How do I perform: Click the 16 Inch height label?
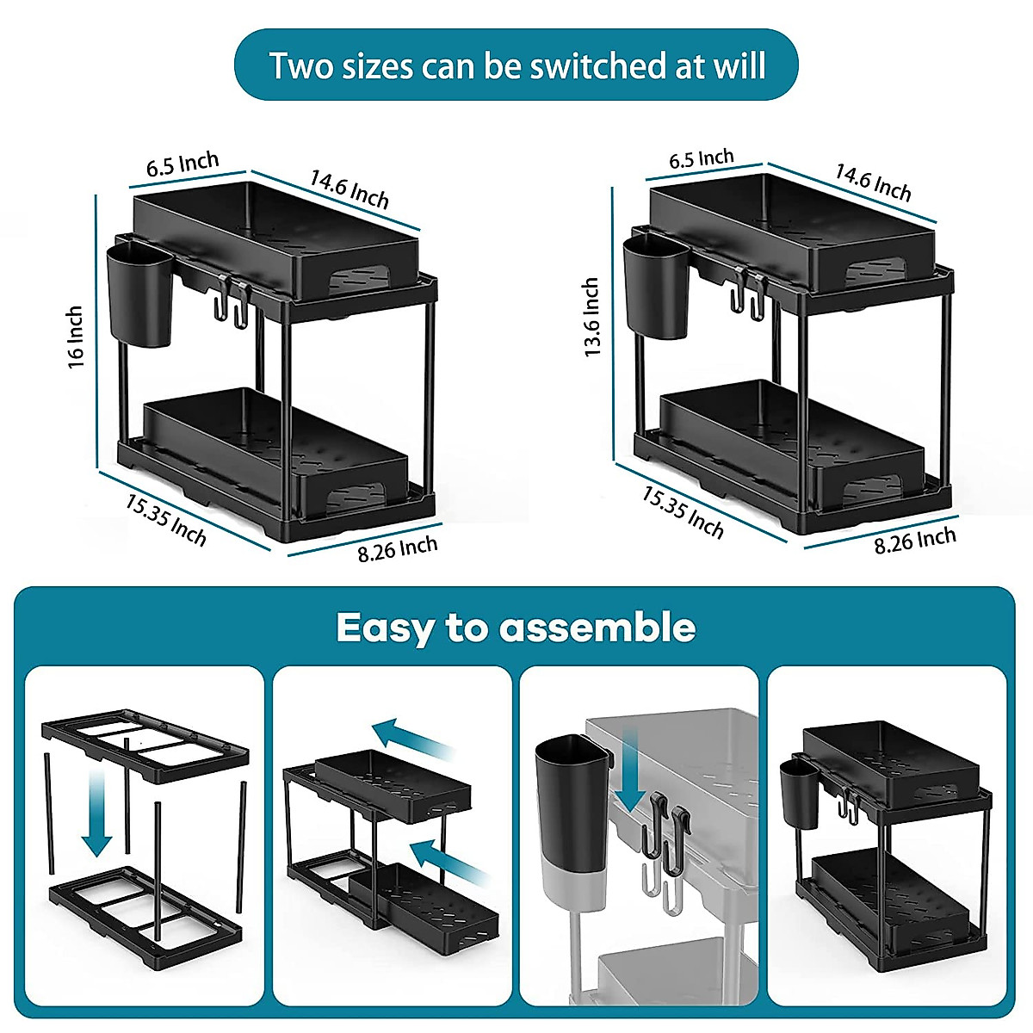tap(76, 336)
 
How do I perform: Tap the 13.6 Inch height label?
tap(591, 317)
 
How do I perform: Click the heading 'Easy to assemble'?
tap(516, 628)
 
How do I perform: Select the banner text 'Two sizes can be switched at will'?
tap(517, 65)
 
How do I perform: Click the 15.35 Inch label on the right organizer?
tap(683, 513)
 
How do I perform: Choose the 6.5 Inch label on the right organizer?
tap(702, 158)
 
